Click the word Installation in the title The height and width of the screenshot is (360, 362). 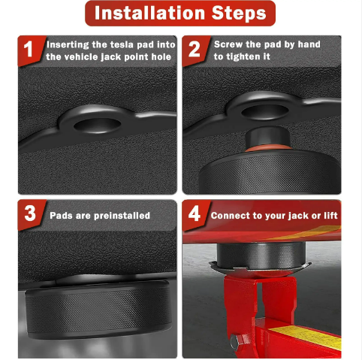click(149, 13)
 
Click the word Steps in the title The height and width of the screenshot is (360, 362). click(239, 14)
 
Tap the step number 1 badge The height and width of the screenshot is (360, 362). click(30, 50)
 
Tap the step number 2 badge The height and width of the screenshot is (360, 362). click(195, 50)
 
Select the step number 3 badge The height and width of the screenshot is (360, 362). click(30, 214)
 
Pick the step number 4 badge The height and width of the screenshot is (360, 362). click(195, 214)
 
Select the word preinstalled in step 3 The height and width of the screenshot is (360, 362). click(122, 216)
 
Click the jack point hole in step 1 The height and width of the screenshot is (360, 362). click(98, 125)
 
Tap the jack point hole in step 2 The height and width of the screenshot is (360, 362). click(265, 111)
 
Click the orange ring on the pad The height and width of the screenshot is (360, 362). click(268, 148)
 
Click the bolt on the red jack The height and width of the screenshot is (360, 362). click(237, 342)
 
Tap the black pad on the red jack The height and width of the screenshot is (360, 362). click(261, 255)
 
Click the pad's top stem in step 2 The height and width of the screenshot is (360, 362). click(268, 137)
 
